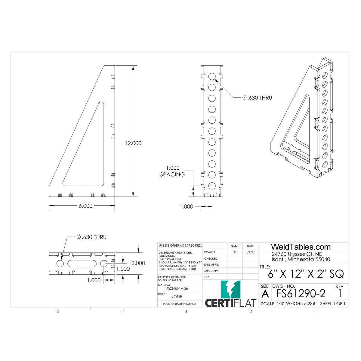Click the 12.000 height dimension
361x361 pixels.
coord(133,143)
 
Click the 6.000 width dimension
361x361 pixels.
coord(85,206)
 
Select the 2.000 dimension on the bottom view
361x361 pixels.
coord(138,263)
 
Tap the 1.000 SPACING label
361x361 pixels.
coord(172,171)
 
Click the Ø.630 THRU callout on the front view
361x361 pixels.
coord(257,98)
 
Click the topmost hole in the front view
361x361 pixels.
coord(212,76)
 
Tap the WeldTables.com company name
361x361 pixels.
coord(301,247)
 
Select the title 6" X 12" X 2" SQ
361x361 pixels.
coord(306,274)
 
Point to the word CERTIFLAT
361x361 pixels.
coord(230,303)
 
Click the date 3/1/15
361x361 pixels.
coord(250,252)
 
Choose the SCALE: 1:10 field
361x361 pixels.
coord(273,304)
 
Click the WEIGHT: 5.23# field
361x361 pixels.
coord(301,304)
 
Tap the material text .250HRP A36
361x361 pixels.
coord(177,288)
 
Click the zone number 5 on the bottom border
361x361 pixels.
coord(58,312)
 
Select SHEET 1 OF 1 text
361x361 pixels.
coord(333,304)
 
